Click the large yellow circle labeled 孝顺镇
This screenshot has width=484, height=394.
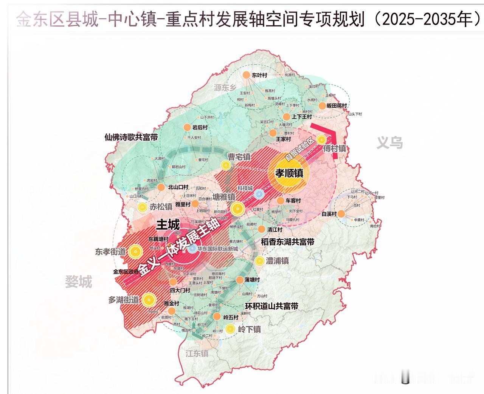289,173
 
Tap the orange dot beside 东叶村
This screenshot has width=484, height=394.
246,75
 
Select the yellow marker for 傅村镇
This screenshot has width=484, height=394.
321,140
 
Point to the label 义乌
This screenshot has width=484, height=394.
389,143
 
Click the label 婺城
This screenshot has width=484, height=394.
79,281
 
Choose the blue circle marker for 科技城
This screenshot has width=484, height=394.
258,194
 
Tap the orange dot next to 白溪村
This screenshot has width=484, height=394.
341,214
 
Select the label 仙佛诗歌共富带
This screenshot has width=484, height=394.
131,137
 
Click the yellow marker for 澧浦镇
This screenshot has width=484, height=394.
259,261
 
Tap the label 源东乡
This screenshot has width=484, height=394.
225,88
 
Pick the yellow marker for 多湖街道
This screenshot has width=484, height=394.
149,300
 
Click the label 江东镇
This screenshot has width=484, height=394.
197,354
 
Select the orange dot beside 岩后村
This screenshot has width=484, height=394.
187,127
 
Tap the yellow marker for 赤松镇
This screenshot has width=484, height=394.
142,207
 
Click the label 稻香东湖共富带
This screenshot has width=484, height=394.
287,242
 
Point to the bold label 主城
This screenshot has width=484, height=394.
168,225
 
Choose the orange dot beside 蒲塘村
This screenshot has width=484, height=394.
240,280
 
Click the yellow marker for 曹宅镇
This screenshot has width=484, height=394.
225,165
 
